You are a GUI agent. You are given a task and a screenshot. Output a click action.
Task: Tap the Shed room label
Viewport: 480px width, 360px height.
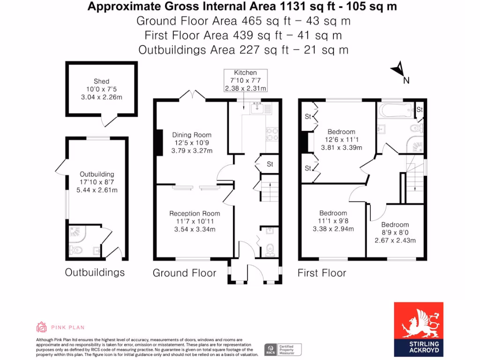(101, 81)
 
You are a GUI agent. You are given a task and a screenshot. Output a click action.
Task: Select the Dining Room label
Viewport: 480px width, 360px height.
(191, 135)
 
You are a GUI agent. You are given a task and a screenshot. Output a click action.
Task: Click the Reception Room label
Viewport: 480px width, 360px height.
(195, 213)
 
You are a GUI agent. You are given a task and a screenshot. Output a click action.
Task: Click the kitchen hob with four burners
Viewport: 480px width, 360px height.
(272, 135)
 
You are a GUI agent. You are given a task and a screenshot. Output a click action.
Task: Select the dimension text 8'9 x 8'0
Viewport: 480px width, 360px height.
(395, 232)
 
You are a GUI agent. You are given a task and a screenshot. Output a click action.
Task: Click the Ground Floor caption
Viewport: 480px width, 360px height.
(184, 273)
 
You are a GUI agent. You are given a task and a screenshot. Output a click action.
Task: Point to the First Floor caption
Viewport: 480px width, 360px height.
(322, 273)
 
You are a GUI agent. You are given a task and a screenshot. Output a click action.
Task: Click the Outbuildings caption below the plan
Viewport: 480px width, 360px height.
(95, 272)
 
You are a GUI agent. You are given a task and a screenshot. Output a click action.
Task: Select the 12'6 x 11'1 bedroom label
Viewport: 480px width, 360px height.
(341, 140)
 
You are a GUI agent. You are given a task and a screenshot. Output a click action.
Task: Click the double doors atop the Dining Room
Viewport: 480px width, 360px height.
(192, 95)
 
